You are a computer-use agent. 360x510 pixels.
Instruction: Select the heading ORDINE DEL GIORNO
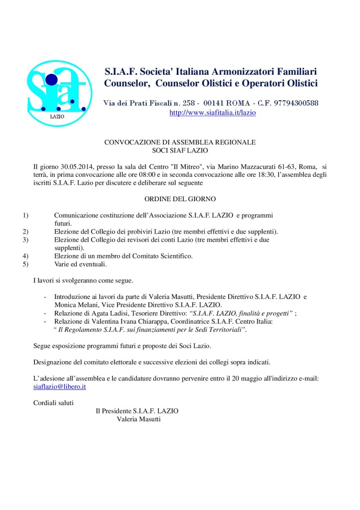[x=180, y=199]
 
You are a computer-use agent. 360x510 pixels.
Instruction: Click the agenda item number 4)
[x=25, y=256]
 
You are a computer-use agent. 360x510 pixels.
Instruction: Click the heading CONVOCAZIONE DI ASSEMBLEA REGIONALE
[x=180, y=142]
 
